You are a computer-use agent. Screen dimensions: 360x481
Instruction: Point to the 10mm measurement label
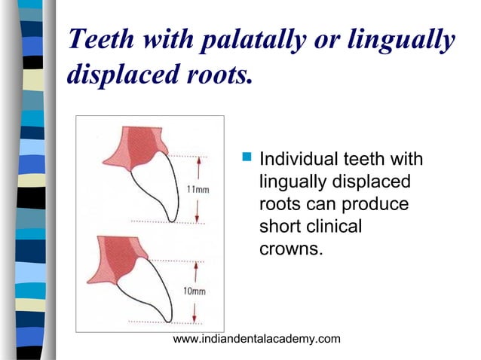coord(194,290)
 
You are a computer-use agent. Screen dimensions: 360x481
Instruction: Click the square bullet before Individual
coord(245,159)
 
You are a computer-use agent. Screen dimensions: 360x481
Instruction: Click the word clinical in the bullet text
coord(327,227)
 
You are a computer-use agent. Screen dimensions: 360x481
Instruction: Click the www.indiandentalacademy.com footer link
coord(256,340)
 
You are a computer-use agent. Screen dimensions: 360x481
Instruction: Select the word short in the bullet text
coord(277,227)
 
